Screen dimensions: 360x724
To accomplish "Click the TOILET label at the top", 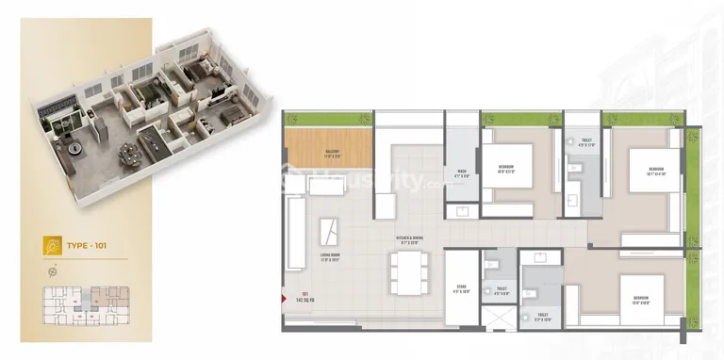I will click(x=586, y=141).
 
